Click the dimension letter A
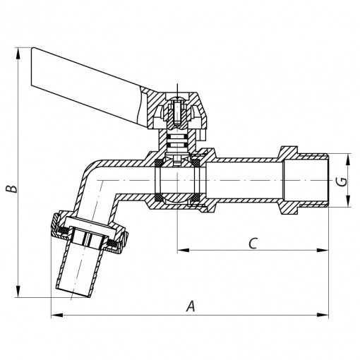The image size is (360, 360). [191, 306]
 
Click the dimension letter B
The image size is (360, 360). [12, 188]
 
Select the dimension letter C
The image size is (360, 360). [253, 243]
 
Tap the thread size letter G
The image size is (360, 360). [343, 181]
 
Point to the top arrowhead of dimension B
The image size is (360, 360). [18, 53]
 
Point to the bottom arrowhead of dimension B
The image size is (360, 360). [18, 292]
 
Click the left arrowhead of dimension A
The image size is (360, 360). [57, 315]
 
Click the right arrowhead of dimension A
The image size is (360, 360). [323, 315]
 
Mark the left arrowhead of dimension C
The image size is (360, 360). [183, 250]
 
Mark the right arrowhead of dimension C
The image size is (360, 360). [323, 250]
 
